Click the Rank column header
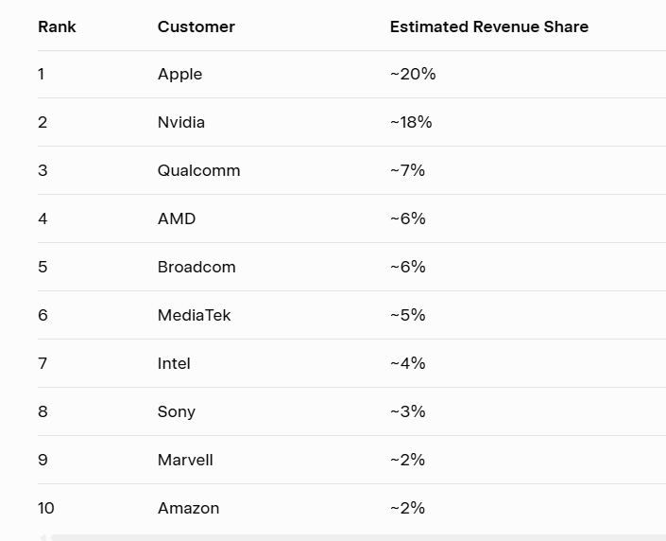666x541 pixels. (x=57, y=26)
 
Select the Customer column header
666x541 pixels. (x=196, y=26)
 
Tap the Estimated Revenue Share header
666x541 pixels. (x=488, y=26)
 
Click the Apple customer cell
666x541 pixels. (x=179, y=74)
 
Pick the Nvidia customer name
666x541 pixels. (x=181, y=122)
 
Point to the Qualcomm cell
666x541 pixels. (x=198, y=170)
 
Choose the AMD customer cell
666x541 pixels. (x=177, y=218)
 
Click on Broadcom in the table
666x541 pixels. (x=196, y=267)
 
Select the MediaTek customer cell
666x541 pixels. (x=194, y=315)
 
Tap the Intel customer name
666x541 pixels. (x=174, y=363)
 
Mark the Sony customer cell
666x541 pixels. (x=177, y=411)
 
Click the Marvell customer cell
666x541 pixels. (x=185, y=460)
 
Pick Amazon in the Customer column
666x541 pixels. (x=188, y=508)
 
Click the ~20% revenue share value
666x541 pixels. (x=413, y=74)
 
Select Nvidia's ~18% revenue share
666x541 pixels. (x=411, y=122)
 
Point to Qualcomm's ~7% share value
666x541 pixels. (x=407, y=170)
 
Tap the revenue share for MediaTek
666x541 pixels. (x=407, y=315)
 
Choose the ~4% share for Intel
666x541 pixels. (x=407, y=363)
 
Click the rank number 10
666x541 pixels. (x=46, y=508)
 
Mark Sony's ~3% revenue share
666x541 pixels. (x=407, y=411)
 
